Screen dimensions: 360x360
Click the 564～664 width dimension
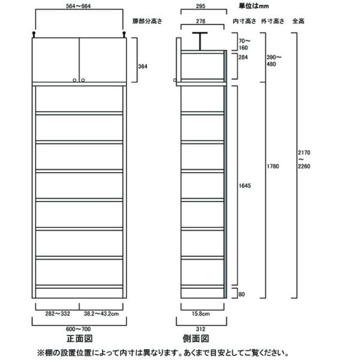(x=80, y=8)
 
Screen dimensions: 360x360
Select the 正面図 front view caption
(x=79, y=338)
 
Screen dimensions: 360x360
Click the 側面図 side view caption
(x=200, y=338)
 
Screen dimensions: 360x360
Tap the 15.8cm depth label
(x=200, y=313)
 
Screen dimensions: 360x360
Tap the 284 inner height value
(x=243, y=58)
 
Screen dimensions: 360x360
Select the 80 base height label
(x=241, y=294)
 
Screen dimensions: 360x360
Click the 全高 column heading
(x=298, y=21)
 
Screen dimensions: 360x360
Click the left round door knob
(x=75, y=79)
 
